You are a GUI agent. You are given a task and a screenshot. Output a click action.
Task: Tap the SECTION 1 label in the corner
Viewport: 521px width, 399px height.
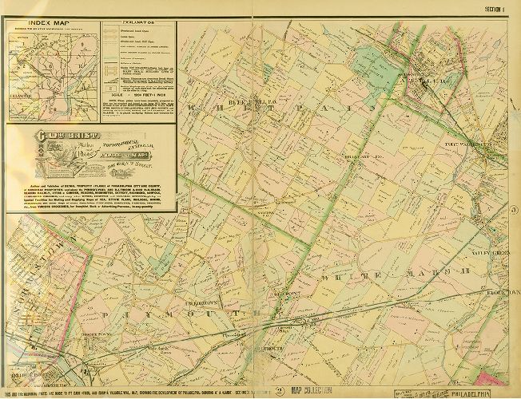click(x=499, y=9)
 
